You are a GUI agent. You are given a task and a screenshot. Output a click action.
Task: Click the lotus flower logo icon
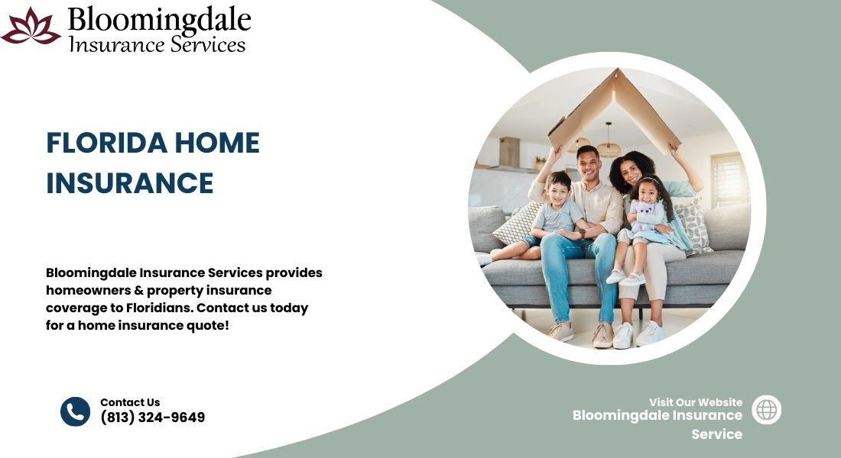coord(31,26)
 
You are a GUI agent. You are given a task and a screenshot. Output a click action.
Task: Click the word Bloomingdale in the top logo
coord(159,21)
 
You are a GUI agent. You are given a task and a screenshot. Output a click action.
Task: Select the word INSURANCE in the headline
coord(130,183)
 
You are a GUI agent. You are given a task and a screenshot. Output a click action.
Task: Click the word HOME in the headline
coord(217,143)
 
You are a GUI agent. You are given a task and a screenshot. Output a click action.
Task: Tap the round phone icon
coord(75,411)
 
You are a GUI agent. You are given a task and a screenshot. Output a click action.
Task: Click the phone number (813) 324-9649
coord(153,418)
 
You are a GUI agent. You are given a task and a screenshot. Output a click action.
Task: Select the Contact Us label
coord(130,402)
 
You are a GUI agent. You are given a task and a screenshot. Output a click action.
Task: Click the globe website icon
coord(766,410)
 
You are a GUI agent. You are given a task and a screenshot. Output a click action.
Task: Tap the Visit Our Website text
coord(696,402)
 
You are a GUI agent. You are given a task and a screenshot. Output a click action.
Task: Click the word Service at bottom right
coord(716,434)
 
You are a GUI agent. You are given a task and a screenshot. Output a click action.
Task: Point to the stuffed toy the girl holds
coord(645,215)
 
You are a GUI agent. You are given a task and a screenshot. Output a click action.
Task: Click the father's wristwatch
coord(582,233)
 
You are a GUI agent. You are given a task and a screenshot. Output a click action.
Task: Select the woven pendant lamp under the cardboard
coord(609,148)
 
